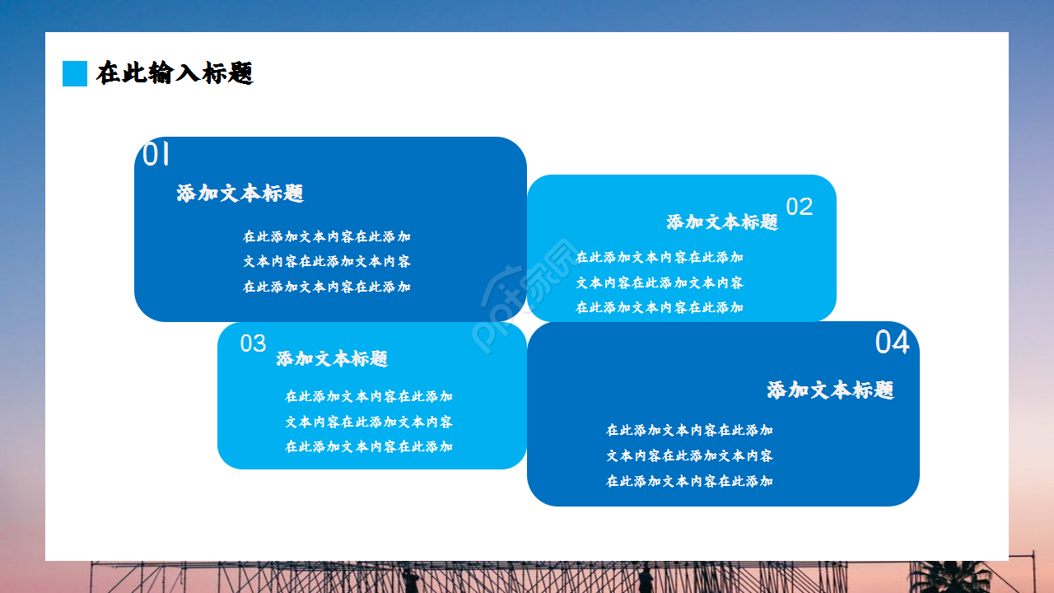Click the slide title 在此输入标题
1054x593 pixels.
(x=175, y=73)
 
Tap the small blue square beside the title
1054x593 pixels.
(x=75, y=73)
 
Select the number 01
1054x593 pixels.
(x=156, y=154)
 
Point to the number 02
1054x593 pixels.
(x=800, y=207)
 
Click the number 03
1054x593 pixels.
(x=253, y=343)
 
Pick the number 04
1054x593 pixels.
(x=892, y=343)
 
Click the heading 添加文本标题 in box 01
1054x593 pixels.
(x=240, y=194)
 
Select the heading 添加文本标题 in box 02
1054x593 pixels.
(x=722, y=222)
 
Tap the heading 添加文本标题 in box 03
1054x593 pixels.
(x=332, y=359)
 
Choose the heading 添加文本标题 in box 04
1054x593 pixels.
(x=830, y=390)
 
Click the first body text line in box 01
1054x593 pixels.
(x=327, y=236)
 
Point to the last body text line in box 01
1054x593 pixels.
(x=327, y=287)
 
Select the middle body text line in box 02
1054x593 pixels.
(x=660, y=282)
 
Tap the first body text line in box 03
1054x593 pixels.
(x=369, y=396)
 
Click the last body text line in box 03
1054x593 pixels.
(x=369, y=446)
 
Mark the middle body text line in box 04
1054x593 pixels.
(x=690, y=455)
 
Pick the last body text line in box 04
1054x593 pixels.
(x=690, y=481)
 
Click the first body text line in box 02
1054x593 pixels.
(x=660, y=257)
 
